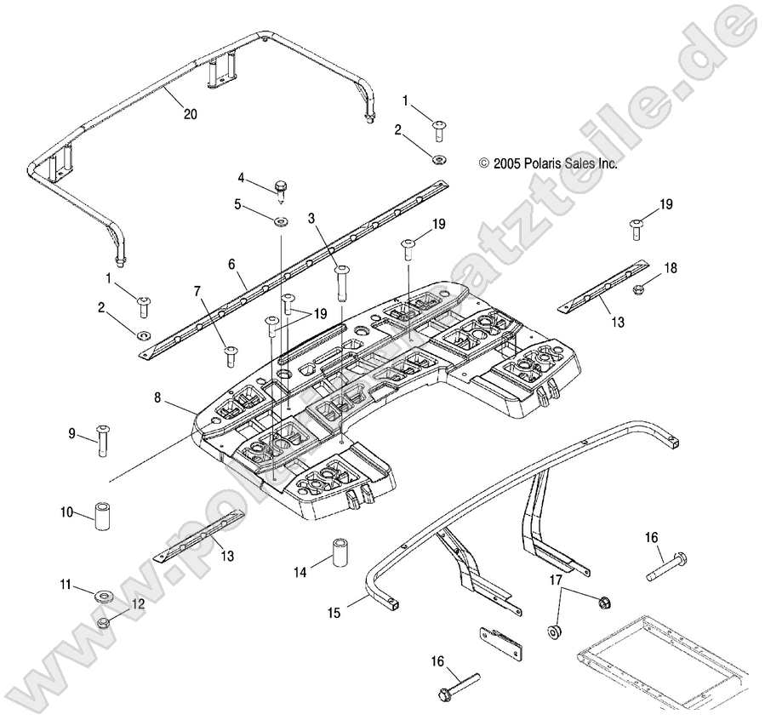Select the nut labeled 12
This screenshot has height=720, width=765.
click(x=102, y=622)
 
